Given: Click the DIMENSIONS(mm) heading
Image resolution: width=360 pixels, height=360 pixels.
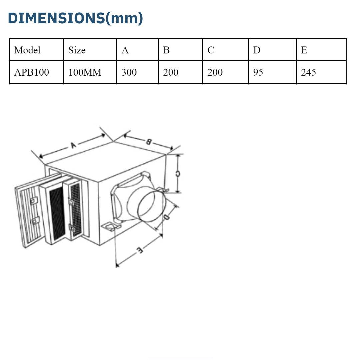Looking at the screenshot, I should click(75, 18).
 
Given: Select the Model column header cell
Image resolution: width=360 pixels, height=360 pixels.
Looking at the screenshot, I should click(27, 50).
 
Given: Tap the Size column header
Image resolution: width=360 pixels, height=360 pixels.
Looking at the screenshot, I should click(77, 50).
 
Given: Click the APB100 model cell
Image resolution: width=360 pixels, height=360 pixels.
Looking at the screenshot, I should click(31, 72).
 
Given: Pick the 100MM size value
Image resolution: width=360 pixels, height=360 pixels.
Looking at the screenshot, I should click(85, 72).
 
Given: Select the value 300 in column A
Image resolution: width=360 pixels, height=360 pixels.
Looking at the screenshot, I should click(129, 72).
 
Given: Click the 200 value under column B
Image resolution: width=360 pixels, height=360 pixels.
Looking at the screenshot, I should click(171, 72).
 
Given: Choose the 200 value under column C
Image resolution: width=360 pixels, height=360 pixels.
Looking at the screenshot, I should click(215, 72).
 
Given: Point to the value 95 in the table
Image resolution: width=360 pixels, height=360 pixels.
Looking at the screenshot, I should click(258, 72).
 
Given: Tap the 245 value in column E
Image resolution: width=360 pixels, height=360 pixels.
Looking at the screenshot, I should click(308, 72).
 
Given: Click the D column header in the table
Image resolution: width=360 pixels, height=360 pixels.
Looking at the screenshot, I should click(257, 50).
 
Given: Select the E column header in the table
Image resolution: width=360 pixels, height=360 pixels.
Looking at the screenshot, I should click(304, 50).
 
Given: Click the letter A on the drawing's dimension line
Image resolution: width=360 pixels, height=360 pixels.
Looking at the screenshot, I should click(73, 145).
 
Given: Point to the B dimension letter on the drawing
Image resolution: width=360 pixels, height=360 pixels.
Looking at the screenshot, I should click(148, 142).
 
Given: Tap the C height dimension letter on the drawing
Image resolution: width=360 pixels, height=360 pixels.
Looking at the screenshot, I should click(178, 174).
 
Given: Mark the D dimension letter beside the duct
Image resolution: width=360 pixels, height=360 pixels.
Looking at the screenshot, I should click(167, 217).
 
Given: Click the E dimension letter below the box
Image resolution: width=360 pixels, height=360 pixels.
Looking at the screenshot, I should click(140, 250).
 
